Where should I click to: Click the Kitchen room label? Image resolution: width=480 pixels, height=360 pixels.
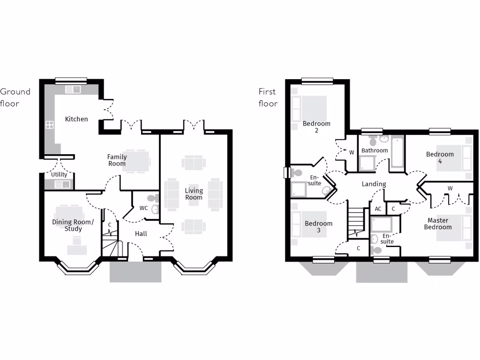(76, 119)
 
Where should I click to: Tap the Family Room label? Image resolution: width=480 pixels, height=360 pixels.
(117, 160)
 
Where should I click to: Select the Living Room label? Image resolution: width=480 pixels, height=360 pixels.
(194, 194)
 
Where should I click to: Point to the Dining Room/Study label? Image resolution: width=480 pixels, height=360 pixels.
(73, 225)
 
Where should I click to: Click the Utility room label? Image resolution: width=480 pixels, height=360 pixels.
(59, 174)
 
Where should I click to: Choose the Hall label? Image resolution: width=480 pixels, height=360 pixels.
(141, 233)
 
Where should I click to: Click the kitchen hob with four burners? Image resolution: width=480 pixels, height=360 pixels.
(49, 125)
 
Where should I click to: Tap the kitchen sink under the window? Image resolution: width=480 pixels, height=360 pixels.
(73, 89)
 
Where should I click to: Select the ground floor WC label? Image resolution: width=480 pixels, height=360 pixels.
(144, 208)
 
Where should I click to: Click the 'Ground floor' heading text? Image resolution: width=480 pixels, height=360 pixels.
(15, 97)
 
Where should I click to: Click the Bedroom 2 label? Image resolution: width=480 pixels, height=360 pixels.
(316, 127)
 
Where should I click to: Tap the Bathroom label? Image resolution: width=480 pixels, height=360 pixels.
(375, 150)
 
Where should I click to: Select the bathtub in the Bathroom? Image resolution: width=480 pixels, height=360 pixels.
(397, 152)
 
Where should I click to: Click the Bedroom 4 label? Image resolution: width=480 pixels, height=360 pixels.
(440, 157)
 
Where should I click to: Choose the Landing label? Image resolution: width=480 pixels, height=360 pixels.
(374, 184)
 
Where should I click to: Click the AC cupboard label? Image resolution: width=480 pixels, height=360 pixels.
(378, 209)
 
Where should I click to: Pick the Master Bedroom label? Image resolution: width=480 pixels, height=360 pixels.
(438, 224)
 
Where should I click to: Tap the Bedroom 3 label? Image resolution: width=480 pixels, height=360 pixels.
(318, 227)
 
